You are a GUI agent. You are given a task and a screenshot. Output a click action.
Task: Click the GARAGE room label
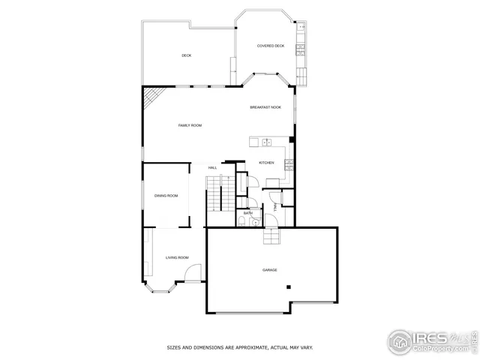pyautogui.click(x=270, y=270)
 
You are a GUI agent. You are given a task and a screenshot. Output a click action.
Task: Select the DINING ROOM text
pyautogui.click(x=166, y=196)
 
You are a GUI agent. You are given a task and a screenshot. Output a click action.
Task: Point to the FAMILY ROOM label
pyautogui.click(x=190, y=125)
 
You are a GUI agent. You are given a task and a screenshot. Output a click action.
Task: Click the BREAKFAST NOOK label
pyautogui.click(x=265, y=108)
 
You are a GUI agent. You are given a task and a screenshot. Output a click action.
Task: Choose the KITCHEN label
pyautogui.click(x=266, y=163)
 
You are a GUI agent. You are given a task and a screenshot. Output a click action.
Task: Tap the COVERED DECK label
pyautogui.click(x=271, y=46)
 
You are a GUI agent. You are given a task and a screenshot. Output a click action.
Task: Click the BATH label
pyautogui.click(x=247, y=214)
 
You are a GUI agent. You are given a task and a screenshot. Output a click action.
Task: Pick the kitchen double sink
pyautogui.click(x=266, y=141)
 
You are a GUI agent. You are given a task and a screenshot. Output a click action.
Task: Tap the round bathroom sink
pyautogui.click(x=255, y=222)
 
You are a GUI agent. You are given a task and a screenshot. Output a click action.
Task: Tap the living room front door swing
pyautogui.click(x=193, y=274)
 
